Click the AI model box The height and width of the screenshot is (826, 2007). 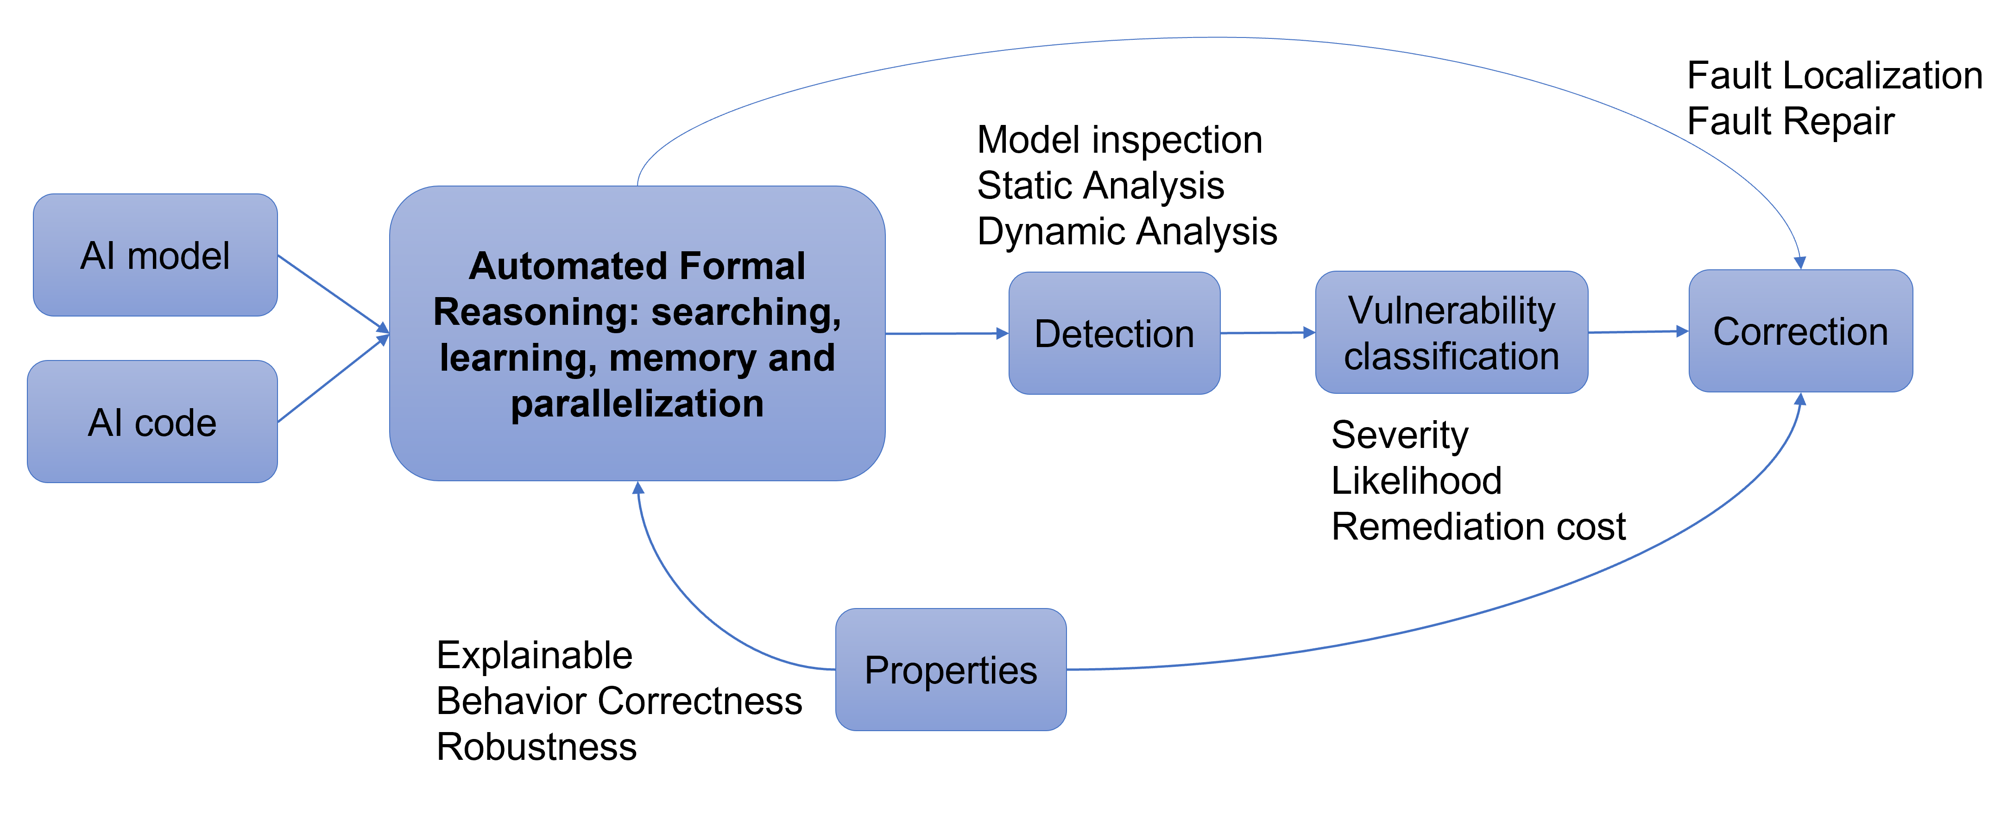coord(155,255)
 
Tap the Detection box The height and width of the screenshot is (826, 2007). coord(1114,333)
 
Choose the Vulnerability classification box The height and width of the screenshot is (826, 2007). coord(1452,332)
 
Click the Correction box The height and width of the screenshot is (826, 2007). coord(1800,331)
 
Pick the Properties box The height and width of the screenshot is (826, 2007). coord(951,670)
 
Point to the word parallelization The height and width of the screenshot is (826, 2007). coord(637,403)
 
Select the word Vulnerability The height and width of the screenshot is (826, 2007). coord(1452,310)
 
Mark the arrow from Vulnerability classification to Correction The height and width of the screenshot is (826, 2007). coord(1636,332)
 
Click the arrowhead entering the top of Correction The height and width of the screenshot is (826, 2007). coord(1800,262)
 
